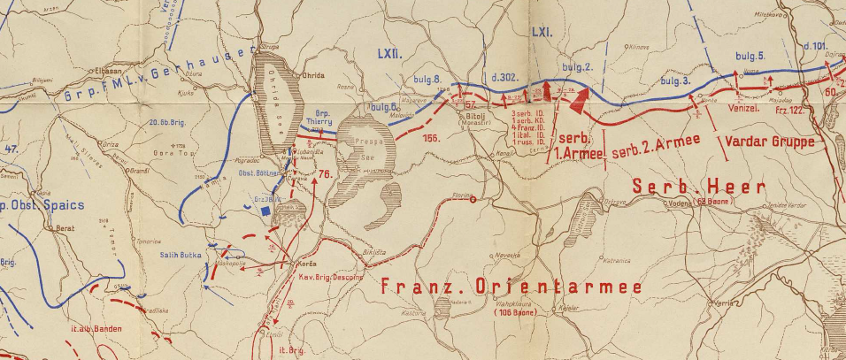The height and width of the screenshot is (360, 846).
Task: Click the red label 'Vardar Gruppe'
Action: [x=769, y=140]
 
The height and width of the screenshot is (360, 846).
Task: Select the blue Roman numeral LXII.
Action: [x=390, y=53]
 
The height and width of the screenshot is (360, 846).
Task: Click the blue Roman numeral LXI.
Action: [x=541, y=32]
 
